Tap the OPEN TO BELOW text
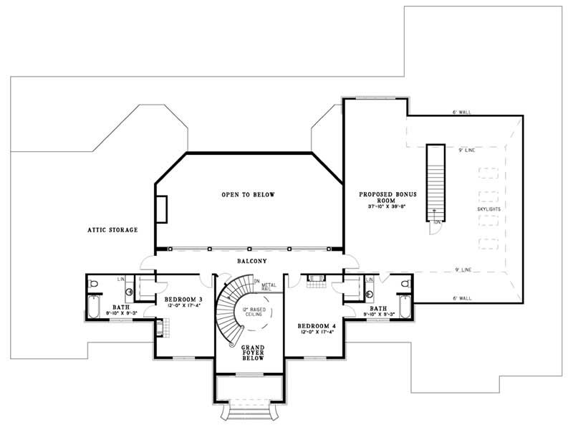(248, 194)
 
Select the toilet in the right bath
(405, 284)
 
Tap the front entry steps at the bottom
(249, 413)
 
